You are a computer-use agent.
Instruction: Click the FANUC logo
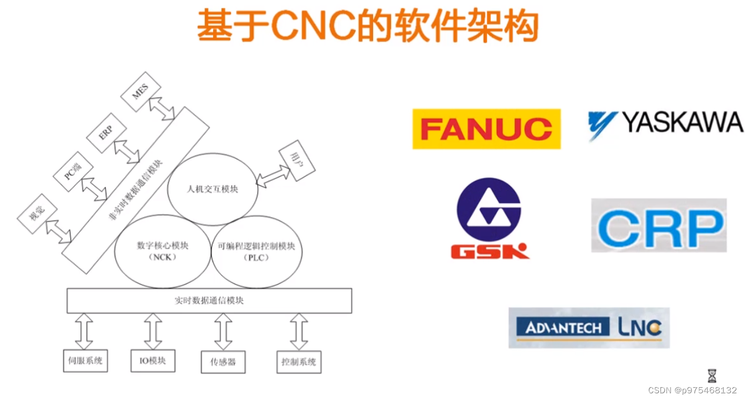[x=486, y=129]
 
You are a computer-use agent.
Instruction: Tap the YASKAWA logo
[x=665, y=122]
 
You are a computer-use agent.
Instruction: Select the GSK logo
[x=489, y=219]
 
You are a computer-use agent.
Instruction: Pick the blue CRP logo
[x=659, y=225]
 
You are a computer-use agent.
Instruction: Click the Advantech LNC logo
[x=588, y=327]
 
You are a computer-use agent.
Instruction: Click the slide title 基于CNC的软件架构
[x=367, y=26]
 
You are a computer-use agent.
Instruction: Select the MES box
[x=140, y=91]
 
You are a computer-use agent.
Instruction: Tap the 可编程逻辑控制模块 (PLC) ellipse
[x=257, y=251]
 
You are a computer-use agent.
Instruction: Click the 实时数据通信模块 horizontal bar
[x=209, y=300]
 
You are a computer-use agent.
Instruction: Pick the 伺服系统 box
[x=85, y=361]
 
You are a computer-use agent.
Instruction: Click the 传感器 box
[x=223, y=362]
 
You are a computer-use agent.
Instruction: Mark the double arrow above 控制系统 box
[x=299, y=332]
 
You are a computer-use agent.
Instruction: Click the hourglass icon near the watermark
[x=712, y=375]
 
